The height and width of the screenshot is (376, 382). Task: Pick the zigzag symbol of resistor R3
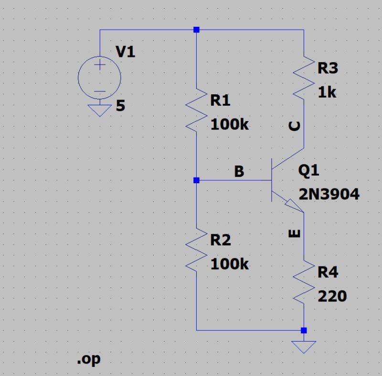[304, 77]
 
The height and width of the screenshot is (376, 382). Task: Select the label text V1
[126, 52]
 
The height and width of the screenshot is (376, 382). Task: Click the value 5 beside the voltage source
[120, 106]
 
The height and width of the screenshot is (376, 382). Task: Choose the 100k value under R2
[229, 264]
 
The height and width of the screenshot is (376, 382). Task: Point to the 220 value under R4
[332, 297]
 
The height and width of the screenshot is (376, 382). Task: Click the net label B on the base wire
[239, 172]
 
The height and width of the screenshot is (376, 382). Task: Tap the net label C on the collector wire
[296, 126]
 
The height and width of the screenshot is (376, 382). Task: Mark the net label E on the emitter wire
[296, 233]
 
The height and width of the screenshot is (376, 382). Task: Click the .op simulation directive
[89, 359]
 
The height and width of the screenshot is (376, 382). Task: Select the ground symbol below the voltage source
[100, 111]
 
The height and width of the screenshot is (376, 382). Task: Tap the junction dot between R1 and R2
[196, 180]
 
